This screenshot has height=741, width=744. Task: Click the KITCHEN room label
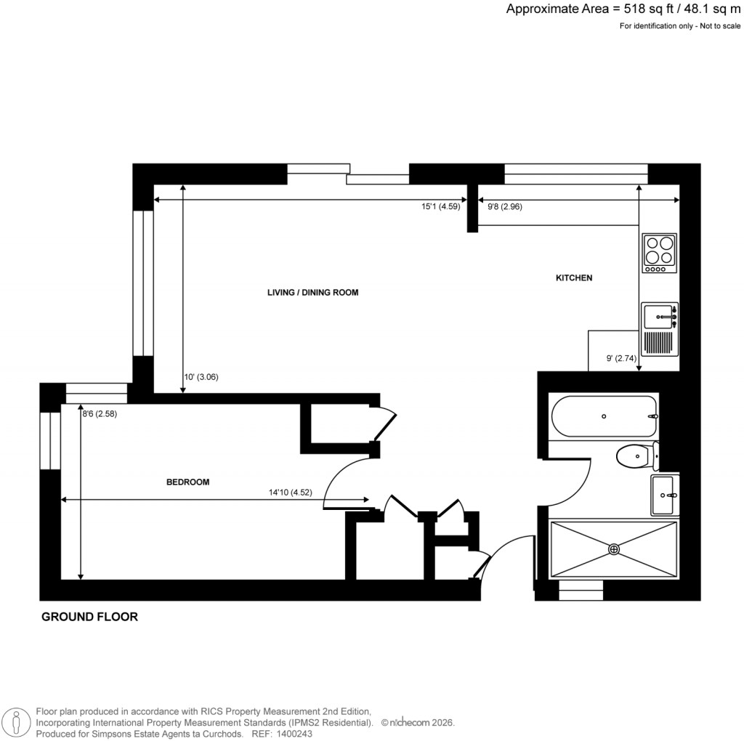574,278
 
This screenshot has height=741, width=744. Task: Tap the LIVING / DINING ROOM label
313,292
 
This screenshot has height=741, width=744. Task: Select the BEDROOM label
188,482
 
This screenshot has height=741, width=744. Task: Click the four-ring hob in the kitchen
660,253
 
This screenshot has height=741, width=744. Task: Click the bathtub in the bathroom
604,416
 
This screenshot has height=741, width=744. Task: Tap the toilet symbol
636,457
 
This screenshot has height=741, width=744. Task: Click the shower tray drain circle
615,549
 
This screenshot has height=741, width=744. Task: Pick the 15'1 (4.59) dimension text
441,206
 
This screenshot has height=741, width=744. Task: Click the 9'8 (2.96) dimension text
504,206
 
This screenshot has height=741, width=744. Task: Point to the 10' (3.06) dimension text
201,376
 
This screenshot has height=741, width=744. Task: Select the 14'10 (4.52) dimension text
291,492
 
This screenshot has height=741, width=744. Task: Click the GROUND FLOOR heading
89,617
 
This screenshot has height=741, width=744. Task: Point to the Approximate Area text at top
623,9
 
